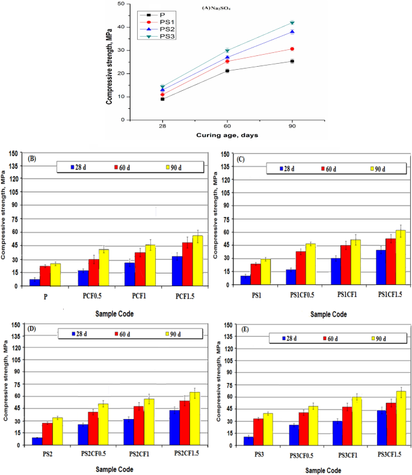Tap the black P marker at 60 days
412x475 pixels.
point(227,71)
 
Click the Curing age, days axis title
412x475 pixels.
point(227,135)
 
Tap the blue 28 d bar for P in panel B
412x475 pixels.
point(35,282)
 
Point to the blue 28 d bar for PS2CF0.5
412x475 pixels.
point(82,435)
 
